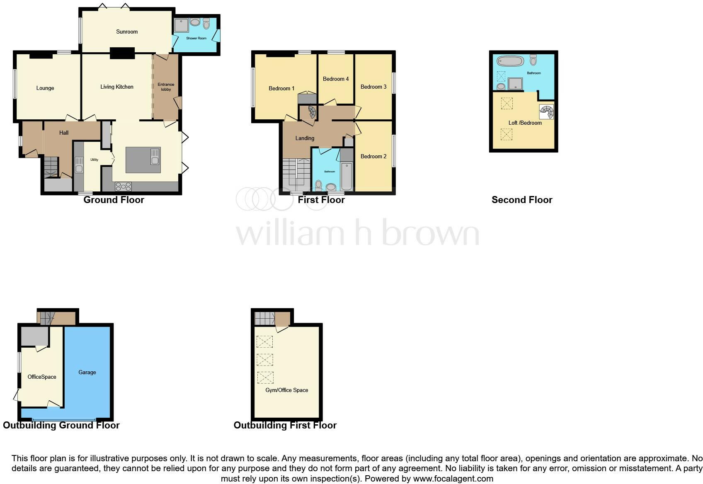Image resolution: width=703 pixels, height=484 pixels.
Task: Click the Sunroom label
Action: tap(127, 31)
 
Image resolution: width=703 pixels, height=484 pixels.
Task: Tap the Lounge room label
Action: tap(45, 88)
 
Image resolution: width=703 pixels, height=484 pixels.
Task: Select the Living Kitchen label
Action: tap(117, 87)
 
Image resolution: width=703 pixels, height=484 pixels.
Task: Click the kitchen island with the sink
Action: tap(143, 160)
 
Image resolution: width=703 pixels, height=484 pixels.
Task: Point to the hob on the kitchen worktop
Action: tap(123, 186)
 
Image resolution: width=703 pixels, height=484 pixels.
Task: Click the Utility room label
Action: tap(94, 160)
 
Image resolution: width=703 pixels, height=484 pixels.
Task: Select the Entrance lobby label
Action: tap(166, 87)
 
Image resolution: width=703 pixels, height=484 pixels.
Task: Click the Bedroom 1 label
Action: tap(281, 88)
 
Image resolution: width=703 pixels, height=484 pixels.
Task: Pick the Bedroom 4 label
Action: tap(336, 79)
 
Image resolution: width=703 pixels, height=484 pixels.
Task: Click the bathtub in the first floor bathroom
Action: tap(347, 176)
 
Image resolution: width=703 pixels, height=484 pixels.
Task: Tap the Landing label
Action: tap(305, 138)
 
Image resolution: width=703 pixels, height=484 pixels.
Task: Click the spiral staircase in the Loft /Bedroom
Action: tap(546, 111)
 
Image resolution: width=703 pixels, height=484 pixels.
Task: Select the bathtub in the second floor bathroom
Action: tap(511, 61)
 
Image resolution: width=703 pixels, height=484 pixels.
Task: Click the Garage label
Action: tap(87, 372)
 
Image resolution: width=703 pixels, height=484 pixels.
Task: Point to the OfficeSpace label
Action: tap(42, 377)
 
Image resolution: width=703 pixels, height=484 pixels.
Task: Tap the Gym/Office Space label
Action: tap(287, 390)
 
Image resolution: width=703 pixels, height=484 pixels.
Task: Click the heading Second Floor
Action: tap(522, 200)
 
